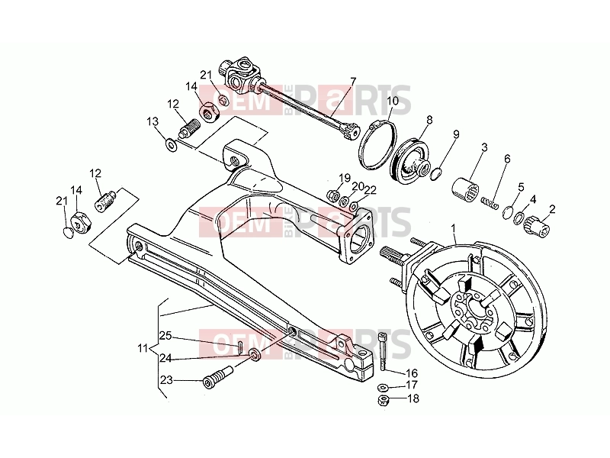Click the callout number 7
click(353, 82)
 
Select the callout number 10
click(393, 101)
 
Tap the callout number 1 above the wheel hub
click(453, 227)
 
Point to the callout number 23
click(166, 379)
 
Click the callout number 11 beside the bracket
click(143, 348)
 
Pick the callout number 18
click(413, 398)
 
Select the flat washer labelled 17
click(383, 387)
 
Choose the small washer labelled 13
click(171, 145)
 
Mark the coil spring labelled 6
click(490, 203)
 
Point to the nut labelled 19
click(333, 195)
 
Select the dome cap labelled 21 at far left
click(69, 234)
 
